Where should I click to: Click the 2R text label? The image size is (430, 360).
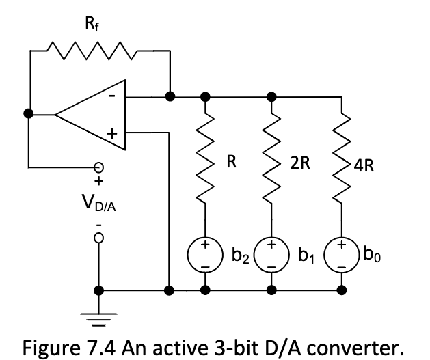pos(300,163)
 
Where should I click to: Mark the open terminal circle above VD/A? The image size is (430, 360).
pos(100,167)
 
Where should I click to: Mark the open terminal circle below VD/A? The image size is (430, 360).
pos(100,237)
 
